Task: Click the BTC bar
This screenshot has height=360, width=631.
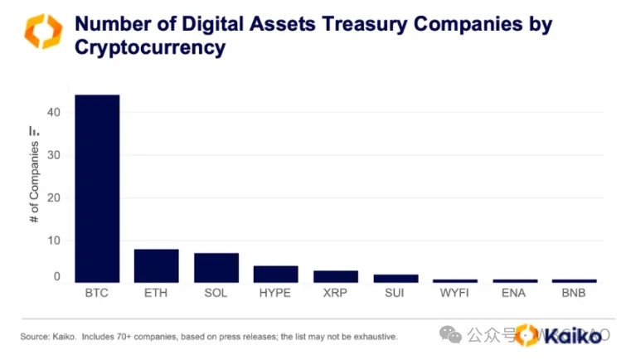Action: pos(97,188)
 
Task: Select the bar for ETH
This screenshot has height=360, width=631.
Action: pos(157,265)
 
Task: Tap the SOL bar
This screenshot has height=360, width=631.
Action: pos(216,267)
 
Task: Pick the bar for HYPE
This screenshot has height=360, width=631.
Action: pos(276,274)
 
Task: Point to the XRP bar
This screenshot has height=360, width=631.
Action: pos(336,276)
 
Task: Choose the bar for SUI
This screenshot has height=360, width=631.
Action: pos(396,278)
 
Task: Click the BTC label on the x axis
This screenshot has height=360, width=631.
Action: pos(97,293)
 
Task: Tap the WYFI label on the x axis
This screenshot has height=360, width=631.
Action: pos(455,293)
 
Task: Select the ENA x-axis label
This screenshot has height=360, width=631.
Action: pos(515,293)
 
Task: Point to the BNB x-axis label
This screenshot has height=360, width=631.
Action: pos(574,293)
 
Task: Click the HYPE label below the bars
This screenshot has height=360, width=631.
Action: pos(276,293)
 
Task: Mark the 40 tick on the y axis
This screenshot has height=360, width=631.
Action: pos(56,113)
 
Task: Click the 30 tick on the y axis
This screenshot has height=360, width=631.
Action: pos(56,155)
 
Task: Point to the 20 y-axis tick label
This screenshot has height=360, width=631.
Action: pos(56,198)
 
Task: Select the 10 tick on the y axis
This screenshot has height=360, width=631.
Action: pos(56,241)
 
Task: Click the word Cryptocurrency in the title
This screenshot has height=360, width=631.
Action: pos(150,47)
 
